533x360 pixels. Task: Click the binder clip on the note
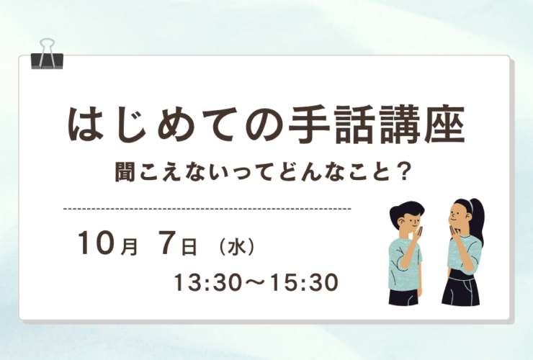click(47, 56)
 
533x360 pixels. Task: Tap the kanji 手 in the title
click(309, 125)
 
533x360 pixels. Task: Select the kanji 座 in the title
click(444, 125)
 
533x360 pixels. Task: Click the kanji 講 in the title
click(400, 125)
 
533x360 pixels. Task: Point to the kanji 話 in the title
click(354, 125)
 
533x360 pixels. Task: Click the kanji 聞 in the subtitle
click(126, 172)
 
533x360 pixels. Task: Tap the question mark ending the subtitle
click(403, 172)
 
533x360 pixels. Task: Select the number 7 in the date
click(169, 243)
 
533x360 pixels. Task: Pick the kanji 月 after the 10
click(130, 247)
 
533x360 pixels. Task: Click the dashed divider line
click(207, 208)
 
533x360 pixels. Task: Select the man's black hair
click(406, 212)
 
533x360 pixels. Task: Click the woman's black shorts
click(460, 290)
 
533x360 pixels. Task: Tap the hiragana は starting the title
click(85, 125)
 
